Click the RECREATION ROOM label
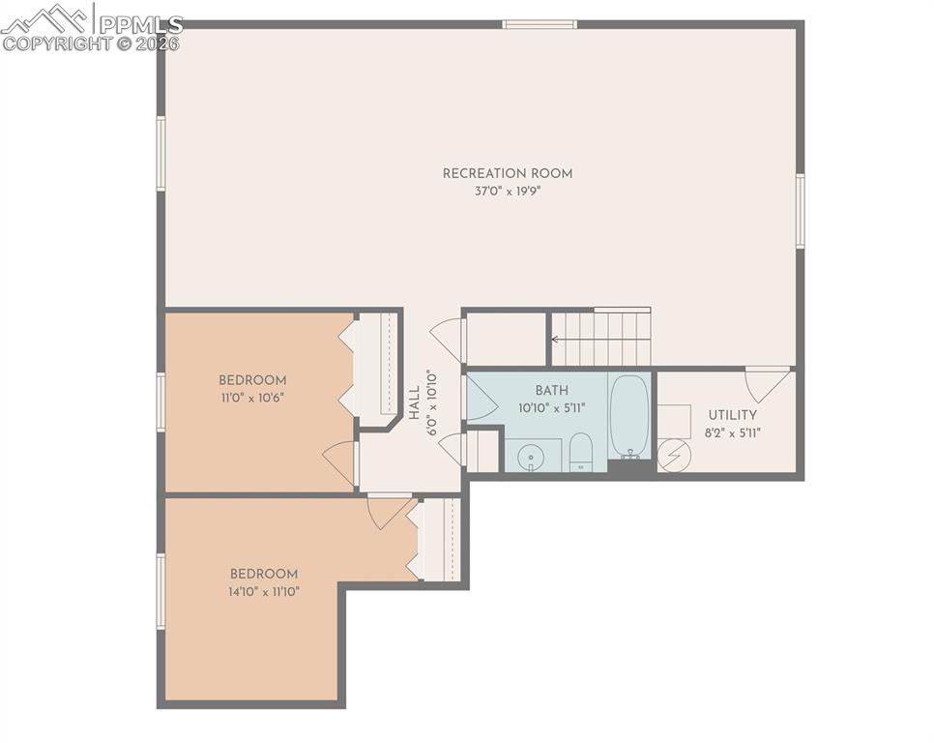508,174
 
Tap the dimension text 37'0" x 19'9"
508,192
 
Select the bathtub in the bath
629,415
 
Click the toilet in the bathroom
580,452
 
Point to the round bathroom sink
530,456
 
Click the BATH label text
551,391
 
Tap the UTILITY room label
732,415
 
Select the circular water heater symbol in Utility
674,454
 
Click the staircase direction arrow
558,340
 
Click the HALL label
415,402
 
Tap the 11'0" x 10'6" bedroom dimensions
251,398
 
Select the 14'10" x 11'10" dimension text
264,591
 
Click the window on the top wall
540,24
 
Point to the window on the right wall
800,211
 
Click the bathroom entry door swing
481,398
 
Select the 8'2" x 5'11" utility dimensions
732,432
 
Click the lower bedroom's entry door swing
387,510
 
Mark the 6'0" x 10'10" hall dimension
433,402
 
